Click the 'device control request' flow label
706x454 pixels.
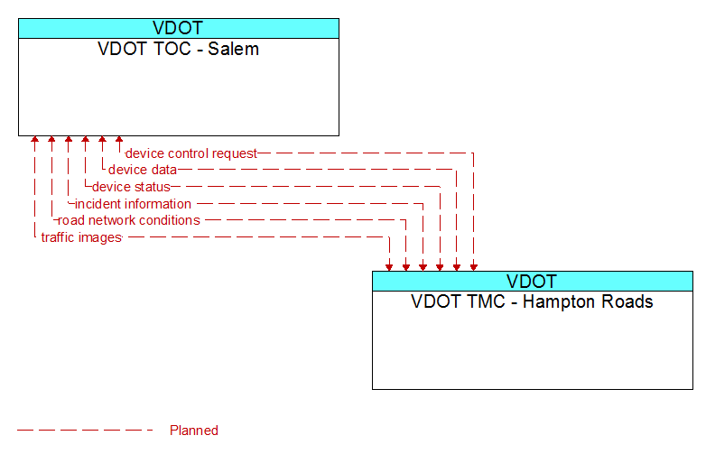coord(190,153)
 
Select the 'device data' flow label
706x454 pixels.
coord(143,170)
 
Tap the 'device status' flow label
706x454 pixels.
coord(131,187)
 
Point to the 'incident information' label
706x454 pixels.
coord(133,204)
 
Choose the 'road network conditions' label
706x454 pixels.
coord(129,220)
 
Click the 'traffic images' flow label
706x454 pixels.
coord(81,237)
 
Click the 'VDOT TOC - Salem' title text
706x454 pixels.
coord(178,49)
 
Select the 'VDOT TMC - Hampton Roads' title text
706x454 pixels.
coord(532,301)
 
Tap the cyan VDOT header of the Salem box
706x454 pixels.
coord(179,28)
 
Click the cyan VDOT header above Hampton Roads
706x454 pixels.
coord(533,282)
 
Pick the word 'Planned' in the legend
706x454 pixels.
coord(194,431)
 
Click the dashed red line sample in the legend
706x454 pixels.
coord(85,431)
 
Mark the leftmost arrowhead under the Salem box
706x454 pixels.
coord(34,139)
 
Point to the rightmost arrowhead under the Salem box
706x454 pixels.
coord(119,139)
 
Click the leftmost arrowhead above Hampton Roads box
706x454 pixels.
coord(389,268)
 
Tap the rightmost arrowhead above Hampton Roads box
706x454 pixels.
coord(474,268)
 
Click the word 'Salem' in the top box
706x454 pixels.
coord(233,49)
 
